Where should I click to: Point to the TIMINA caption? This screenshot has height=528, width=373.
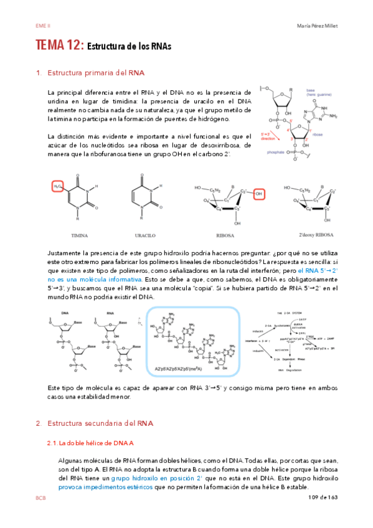80,236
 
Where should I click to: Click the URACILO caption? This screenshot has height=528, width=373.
145,236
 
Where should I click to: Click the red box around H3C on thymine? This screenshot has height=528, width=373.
58,187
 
